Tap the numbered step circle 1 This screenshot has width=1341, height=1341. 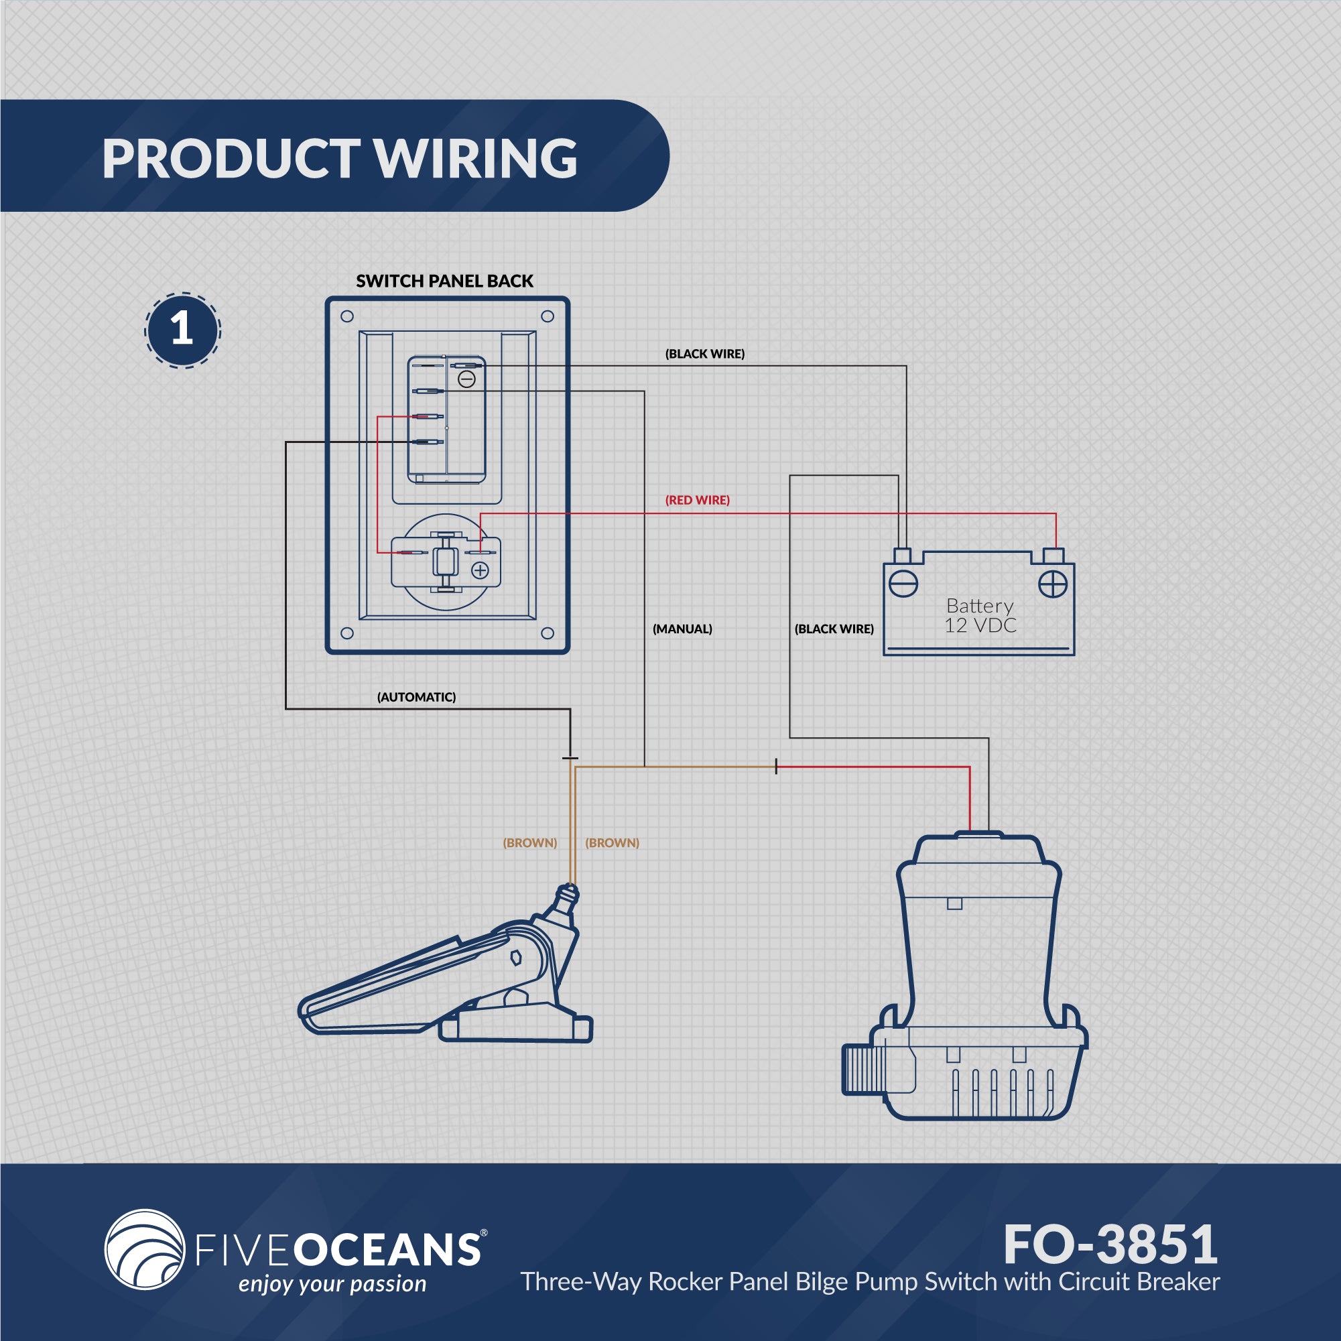tap(182, 330)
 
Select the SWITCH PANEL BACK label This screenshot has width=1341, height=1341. tap(444, 281)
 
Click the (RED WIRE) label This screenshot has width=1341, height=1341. tap(698, 500)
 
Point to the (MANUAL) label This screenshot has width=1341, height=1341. tap(682, 629)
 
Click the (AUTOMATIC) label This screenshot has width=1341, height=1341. tap(416, 697)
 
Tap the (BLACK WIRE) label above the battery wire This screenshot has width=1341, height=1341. tap(704, 354)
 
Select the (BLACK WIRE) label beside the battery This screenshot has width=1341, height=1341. tap(834, 629)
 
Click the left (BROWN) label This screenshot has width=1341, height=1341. tap(529, 842)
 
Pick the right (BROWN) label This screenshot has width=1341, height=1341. tap(613, 842)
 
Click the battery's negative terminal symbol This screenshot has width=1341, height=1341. tap(903, 584)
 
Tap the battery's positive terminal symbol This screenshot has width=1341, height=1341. tap(1052, 584)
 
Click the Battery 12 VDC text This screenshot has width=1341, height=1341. tap(980, 616)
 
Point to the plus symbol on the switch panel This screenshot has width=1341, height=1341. tap(481, 570)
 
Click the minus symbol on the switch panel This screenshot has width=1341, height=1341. tap(467, 379)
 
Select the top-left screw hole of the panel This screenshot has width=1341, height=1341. tap(347, 317)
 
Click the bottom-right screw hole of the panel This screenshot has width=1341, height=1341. tap(547, 633)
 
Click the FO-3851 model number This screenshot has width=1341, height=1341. tap(1110, 1244)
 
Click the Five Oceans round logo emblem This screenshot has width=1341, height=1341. tap(144, 1249)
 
